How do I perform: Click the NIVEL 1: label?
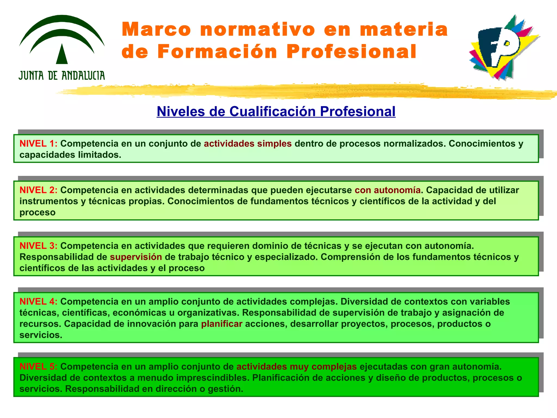(38, 143)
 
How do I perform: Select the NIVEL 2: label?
(38, 190)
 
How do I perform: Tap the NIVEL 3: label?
(38, 246)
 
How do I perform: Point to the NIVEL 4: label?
(38, 302)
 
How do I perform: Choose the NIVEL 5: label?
(38, 367)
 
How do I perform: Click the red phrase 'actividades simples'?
(247, 143)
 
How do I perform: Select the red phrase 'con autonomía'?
(388, 190)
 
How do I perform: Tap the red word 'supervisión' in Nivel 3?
(136, 257)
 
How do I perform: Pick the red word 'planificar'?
(222, 324)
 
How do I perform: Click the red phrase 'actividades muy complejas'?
(296, 367)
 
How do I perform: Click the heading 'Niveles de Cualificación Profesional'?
(276, 111)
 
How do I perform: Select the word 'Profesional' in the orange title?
(351, 51)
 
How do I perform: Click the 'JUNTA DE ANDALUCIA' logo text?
(62, 75)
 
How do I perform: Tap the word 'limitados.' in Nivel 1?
(100, 155)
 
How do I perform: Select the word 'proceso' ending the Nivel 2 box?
(38, 213)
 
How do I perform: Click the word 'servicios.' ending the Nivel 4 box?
(41, 335)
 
